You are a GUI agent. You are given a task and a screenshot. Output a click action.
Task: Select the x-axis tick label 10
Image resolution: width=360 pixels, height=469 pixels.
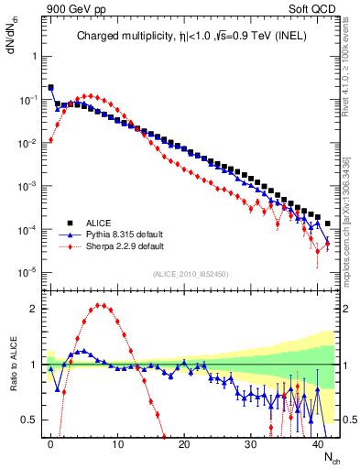click(117, 443)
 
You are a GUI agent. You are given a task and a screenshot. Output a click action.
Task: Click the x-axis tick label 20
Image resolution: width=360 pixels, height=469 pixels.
click(184, 443)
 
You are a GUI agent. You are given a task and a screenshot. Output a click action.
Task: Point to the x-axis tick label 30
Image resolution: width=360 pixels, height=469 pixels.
click(251, 443)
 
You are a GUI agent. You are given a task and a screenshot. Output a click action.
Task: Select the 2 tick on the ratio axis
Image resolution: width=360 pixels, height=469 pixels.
click(36, 309)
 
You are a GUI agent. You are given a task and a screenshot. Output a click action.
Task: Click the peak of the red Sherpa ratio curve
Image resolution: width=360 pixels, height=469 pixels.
click(100, 306)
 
